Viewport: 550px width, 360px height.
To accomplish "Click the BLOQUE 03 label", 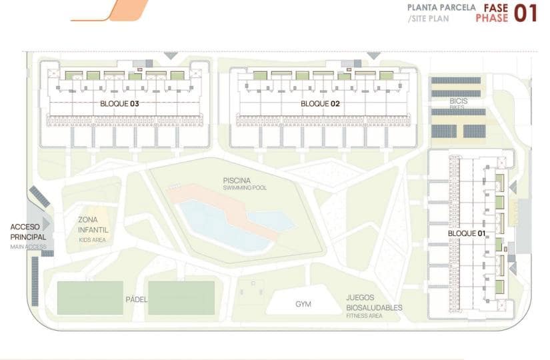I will click(x=120, y=104).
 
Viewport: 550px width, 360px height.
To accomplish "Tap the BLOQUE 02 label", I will click(x=320, y=104).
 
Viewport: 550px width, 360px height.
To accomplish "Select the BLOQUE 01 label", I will click(x=467, y=234).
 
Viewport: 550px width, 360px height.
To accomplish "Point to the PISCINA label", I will click(x=237, y=180).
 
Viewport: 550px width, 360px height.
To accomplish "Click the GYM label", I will click(x=303, y=305).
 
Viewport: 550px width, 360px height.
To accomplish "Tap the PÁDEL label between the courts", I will click(x=136, y=299).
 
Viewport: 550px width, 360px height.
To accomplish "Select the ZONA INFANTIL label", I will click(x=93, y=225).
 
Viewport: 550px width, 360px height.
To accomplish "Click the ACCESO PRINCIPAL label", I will click(x=28, y=232).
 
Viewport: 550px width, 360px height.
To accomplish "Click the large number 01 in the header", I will click(x=525, y=13).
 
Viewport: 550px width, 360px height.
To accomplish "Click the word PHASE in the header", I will click(x=491, y=19).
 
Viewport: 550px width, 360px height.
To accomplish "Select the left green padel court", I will click(x=90, y=297).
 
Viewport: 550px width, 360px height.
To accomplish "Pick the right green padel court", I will click(x=181, y=297).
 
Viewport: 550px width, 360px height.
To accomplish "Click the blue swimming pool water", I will click(x=220, y=223).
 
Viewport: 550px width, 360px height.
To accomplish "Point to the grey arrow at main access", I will click(x=46, y=223).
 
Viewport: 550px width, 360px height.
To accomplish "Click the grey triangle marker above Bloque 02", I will click(x=373, y=55).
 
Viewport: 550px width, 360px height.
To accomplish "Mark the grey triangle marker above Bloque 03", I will click(x=171, y=55).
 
